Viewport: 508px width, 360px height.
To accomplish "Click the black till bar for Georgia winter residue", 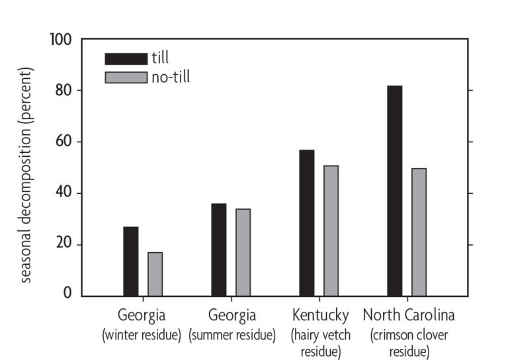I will [131, 261].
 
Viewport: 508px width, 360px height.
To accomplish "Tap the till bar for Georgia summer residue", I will [218, 249].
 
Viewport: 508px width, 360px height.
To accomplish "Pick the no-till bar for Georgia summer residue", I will [243, 252].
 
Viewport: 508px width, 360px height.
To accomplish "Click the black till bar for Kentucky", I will [306, 223].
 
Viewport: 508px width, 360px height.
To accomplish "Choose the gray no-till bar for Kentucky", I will [331, 230].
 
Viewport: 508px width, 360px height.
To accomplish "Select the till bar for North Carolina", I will [394, 191].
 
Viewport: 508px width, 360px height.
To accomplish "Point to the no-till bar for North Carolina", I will [419, 232].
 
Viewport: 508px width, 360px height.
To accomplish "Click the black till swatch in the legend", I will [126, 59].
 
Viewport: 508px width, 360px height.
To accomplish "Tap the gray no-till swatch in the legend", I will [126, 78].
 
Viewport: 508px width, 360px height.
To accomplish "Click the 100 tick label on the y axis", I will [61, 39].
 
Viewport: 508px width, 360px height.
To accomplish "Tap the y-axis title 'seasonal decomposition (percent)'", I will [26, 174].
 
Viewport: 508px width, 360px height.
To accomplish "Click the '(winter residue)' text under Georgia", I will [142, 335].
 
